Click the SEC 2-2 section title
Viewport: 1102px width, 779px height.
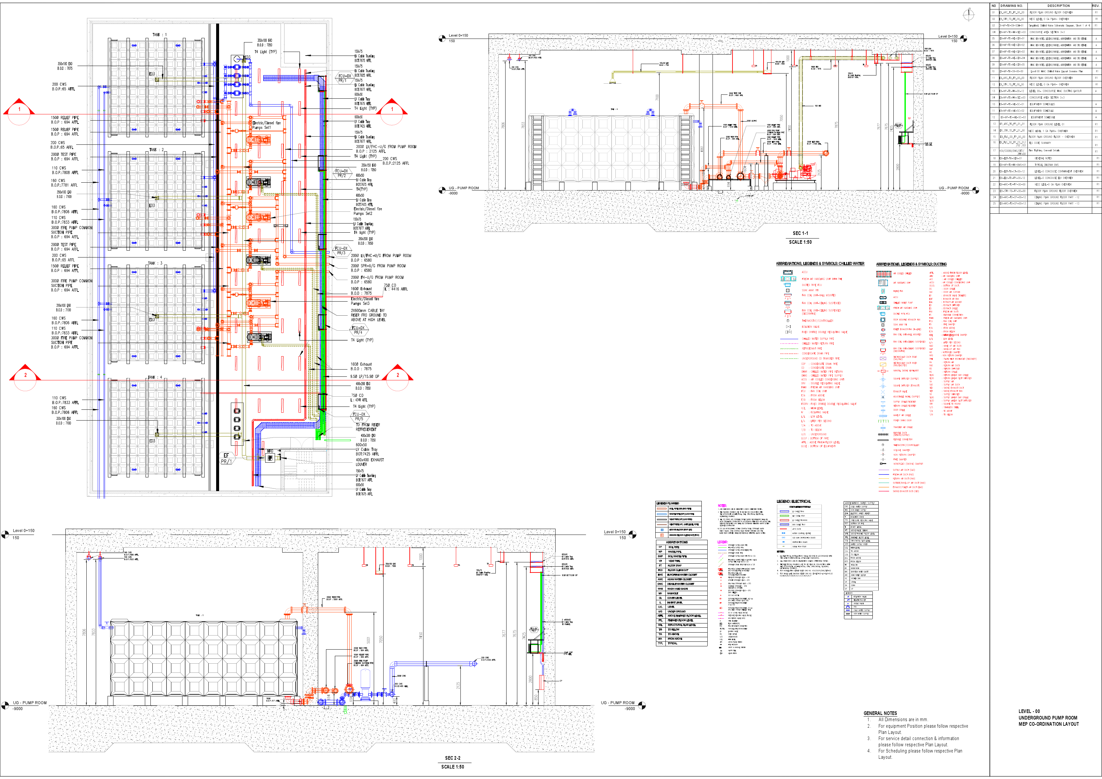coord(452,758)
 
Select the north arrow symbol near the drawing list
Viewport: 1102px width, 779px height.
coord(969,15)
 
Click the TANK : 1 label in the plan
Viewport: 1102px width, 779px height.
coord(159,35)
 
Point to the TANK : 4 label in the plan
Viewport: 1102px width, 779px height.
coord(155,377)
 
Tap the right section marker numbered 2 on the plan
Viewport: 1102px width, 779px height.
coord(397,375)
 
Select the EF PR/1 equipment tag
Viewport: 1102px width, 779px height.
coord(226,458)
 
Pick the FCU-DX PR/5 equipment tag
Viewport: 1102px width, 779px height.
coord(359,416)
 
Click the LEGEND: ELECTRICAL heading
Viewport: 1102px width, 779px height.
coord(793,501)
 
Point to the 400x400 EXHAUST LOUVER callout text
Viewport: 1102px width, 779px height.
coord(369,462)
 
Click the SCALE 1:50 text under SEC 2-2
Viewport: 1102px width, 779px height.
coord(452,767)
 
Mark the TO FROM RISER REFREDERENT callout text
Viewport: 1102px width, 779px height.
coord(368,427)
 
